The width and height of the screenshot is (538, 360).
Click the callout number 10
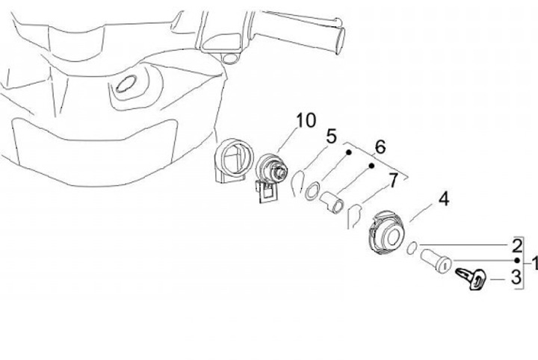[x=306, y=120]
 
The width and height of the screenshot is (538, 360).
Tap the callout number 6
[x=380, y=147]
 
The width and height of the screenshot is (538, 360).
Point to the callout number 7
[x=392, y=180]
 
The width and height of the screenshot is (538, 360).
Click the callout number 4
[x=443, y=199]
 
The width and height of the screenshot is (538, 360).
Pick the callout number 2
[x=516, y=245]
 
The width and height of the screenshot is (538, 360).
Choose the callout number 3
[x=516, y=278]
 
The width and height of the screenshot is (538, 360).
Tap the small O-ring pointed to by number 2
[x=412, y=248]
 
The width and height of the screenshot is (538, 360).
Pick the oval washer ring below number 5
[x=312, y=191]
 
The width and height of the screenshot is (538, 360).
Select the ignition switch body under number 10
[x=270, y=168]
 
